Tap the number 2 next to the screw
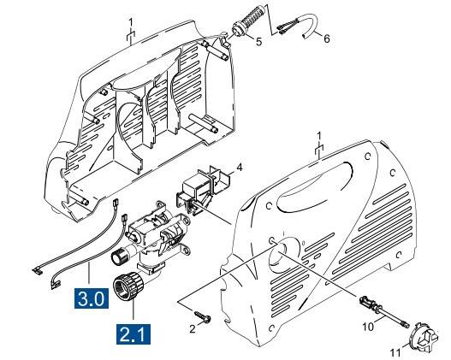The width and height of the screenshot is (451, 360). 194,328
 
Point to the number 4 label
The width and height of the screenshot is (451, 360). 240,168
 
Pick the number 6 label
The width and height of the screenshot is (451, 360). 326,40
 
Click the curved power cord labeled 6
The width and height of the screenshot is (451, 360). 300,33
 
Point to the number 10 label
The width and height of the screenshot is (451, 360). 370,326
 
